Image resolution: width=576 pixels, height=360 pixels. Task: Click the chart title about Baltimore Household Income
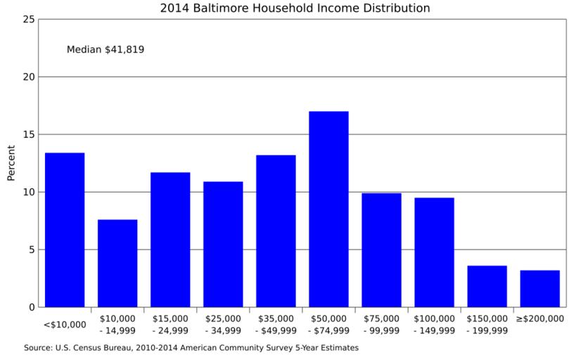tap(295, 8)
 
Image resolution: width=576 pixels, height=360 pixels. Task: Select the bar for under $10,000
tap(65, 230)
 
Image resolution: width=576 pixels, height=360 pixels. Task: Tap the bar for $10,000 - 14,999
tap(117, 264)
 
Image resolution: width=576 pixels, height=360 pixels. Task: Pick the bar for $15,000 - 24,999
tap(170, 240)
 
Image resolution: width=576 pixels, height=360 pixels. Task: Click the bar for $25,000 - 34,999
tap(223, 245)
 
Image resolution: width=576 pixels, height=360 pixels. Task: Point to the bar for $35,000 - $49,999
tap(276, 231)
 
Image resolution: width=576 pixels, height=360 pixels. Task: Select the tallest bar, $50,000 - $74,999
tap(328, 210)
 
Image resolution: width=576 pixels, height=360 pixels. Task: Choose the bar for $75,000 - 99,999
tap(381, 250)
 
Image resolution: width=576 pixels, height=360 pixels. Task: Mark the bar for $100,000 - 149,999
tap(434, 252)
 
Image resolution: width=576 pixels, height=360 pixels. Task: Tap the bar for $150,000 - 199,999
tap(487, 286)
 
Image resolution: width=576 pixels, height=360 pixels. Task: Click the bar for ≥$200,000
tap(539, 289)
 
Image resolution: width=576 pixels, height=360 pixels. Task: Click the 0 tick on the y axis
tap(32, 307)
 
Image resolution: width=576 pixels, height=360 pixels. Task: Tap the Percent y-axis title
tap(11, 163)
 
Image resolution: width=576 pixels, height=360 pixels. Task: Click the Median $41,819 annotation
tap(105, 50)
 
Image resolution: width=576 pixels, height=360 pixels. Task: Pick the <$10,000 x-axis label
tap(65, 324)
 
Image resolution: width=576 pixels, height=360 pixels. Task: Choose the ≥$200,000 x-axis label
tap(539, 319)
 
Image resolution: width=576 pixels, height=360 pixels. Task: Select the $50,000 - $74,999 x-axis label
tap(328, 324)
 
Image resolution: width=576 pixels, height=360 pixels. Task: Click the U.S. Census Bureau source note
tap(191, 347)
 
